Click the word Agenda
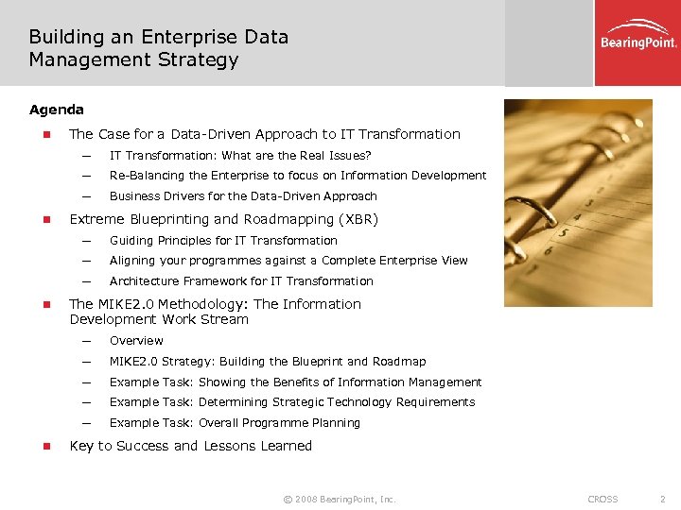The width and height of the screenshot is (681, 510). pyautogui.click(x=56, y=110)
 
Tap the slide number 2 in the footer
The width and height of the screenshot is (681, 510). pyautogui.click(x=663, y=499)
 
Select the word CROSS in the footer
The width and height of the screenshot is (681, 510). pyautogui.click(x=602, y=499)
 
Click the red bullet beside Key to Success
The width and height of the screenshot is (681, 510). pyautogui.click(x=43, y=447)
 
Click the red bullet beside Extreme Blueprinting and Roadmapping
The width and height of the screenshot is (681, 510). pyautogui.click(x=43, y=220)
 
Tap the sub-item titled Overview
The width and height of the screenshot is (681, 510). pyautogui.click(x=136, y=341)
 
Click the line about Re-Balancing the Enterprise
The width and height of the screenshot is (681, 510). pyautogui.click(x=298, y=176)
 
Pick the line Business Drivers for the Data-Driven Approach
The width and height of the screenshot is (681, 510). pyautogui.click(x=243, y=196)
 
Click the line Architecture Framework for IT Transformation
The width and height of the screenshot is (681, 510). pyautogui.click(x=241, y=281)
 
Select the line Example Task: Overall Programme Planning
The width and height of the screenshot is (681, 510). pyautogui.click(x=235, y=423)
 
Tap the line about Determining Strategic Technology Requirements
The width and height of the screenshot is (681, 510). pyautogui.click(x=291, y=402)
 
